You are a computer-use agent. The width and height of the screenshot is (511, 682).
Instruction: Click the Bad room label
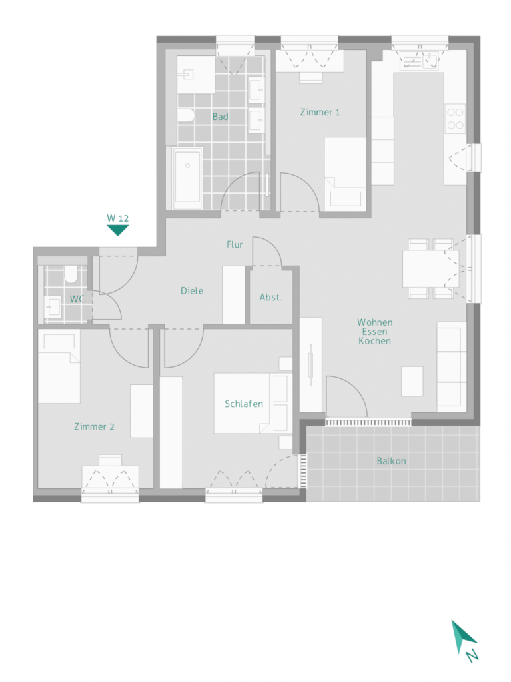pos(221,117)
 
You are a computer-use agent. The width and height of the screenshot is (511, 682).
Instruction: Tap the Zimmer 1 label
pos(320,112)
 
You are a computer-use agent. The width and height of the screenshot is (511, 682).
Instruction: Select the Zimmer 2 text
pos(94,427)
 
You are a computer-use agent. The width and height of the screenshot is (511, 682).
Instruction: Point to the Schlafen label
pos(244,404)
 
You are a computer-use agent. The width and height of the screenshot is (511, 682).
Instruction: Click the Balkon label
pos(391,461)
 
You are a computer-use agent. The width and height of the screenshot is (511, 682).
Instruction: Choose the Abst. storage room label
pos(270,298)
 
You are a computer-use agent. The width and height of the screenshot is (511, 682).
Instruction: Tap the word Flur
pos(234,245)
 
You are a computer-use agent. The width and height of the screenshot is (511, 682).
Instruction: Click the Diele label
pos(192,291)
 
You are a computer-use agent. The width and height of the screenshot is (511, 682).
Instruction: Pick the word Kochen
pos(375,341)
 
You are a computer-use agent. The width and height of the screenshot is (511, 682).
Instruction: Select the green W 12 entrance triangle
pos(117,229)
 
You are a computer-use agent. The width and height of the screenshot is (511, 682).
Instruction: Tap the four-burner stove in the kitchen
pos(455,119)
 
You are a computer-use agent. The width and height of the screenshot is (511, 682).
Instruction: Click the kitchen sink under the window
pos(419,61)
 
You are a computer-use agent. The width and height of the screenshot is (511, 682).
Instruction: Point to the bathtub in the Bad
pos(188,178)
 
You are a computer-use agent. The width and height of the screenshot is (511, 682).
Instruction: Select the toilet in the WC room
pos(71,274)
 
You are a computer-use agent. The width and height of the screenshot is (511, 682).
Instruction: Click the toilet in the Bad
pos(186,116)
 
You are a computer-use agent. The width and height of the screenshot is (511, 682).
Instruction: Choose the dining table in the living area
pos(430,269)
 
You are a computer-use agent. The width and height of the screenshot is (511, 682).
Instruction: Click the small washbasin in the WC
pos(53,307)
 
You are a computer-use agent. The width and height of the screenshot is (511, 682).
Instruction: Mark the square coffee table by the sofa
pos(412,382)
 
